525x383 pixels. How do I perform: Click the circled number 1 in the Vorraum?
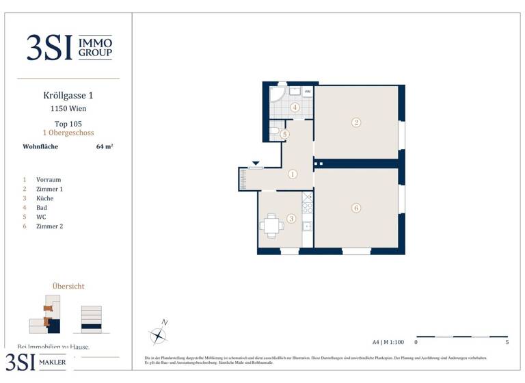coord(293,174)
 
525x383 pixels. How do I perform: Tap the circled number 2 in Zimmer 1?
coord(356,123)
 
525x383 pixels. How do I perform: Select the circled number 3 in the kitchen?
coord(291,219)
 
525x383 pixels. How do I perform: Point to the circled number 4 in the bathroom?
coord(295,107)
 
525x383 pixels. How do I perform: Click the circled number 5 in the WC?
coord(285,135)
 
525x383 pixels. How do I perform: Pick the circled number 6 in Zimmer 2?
coord(356,208)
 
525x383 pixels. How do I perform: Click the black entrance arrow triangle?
coord(256,163)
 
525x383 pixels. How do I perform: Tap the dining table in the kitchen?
coord(271,224)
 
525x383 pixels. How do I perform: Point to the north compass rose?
coord(159,334)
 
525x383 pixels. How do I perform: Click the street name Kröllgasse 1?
coord(68,97)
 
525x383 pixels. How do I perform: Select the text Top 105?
coord(68,124)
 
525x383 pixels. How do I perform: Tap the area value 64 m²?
coord(105,146)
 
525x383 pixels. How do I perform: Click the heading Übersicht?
coord(68,286)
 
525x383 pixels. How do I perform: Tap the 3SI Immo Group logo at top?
coord(68,48)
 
